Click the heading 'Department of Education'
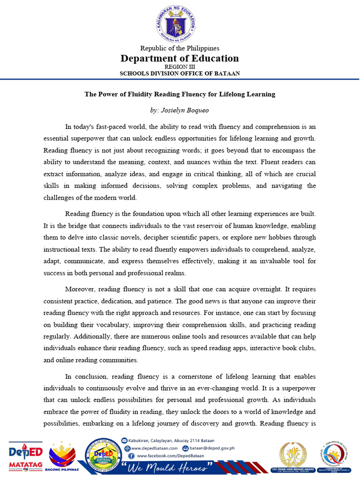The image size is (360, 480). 180,58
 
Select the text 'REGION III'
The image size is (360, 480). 180,67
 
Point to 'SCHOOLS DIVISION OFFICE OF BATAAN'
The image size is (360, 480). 180,74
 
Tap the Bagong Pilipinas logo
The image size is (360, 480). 63,457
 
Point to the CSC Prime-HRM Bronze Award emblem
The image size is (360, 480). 294,456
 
